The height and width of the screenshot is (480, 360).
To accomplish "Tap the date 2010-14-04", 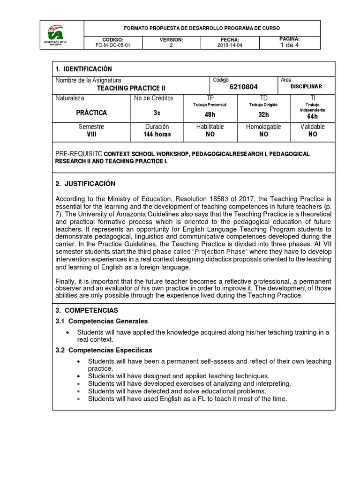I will (230, 45).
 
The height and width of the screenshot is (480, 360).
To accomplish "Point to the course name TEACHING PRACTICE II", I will (131, 88).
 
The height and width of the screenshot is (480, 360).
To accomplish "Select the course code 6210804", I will (243, 87).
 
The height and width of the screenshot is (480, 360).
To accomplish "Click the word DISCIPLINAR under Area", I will (306, 87).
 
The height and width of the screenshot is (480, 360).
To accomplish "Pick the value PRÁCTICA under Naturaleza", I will (91, 113).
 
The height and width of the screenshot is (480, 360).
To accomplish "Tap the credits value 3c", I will (157, 113).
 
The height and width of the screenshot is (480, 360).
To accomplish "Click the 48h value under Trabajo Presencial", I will (210, 114).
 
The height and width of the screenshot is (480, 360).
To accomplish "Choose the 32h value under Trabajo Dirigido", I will (263, 114).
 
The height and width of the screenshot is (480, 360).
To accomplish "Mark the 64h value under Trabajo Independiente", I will (312, 117).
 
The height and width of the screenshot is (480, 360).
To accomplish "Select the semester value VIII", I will (91, 134).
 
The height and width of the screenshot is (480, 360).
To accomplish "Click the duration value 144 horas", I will (157, 134).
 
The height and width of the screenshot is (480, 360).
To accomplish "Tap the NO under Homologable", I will (263, 134).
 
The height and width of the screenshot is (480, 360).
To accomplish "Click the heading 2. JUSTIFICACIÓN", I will (85, 183).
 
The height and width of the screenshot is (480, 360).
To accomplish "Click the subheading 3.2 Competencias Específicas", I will (104, 350).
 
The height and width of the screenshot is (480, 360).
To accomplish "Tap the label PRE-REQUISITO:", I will (79, 154).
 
